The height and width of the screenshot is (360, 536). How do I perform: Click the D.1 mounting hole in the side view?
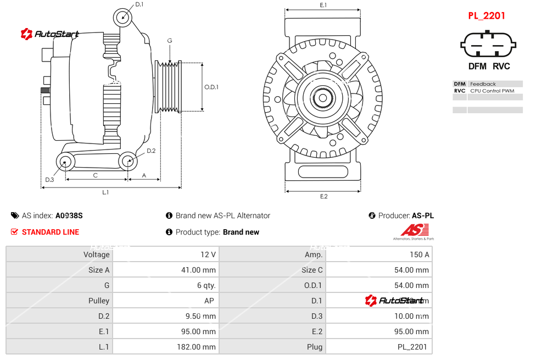124,18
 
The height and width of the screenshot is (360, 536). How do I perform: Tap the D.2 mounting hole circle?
128,161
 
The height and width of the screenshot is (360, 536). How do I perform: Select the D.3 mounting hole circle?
66,162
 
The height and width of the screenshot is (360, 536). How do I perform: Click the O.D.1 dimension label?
211,87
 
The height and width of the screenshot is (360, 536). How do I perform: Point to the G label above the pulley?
170,41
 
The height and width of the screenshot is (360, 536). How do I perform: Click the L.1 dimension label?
105,192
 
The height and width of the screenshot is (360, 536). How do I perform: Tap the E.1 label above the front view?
323,5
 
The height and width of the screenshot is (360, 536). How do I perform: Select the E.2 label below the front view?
323,197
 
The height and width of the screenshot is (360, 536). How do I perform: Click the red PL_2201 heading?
487,16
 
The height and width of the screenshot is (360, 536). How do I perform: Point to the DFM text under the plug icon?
477,67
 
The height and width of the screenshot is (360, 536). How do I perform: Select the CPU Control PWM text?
492,91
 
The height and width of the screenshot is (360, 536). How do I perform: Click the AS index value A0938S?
69,215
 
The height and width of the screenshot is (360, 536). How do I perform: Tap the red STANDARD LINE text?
51,232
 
